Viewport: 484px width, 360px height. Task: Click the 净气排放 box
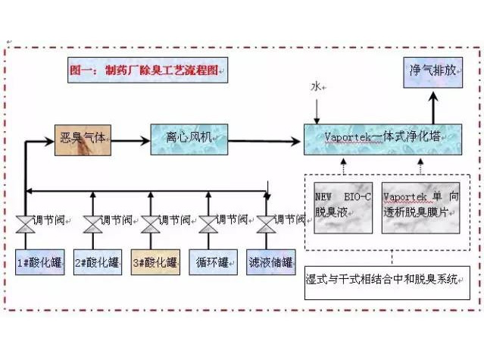[432, 73]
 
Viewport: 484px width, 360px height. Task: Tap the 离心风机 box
[189, 139]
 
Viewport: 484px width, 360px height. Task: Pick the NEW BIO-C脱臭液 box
[343, 206]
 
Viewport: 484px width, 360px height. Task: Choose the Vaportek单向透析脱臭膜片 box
[420, 206]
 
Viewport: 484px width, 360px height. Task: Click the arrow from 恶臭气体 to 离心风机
[132, 139]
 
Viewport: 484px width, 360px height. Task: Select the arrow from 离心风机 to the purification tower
[265, 139]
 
